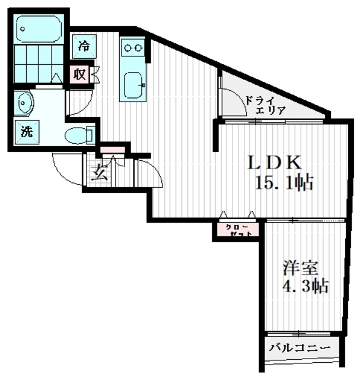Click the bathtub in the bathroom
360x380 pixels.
(39, 29)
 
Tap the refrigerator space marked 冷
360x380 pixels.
(84, 46)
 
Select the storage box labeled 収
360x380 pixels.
(79, 74)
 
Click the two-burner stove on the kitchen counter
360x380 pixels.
(133, 47)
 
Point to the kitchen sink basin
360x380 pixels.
(134, 85)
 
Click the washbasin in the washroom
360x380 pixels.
(24, 103)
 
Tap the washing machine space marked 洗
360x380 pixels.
(27, 132)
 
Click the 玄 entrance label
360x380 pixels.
(100, 172)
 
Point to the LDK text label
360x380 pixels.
(275, 162)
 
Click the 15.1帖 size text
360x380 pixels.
(285, 182)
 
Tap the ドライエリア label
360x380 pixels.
(265, 106)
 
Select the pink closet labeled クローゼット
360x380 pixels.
(238, 230)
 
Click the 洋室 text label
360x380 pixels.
(300, 268)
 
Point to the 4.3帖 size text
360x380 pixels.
(305, 286)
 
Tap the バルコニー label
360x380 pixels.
(300, 348)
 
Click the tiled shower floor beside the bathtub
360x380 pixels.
(39, 64)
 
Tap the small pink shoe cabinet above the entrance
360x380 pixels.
(113, 150)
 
